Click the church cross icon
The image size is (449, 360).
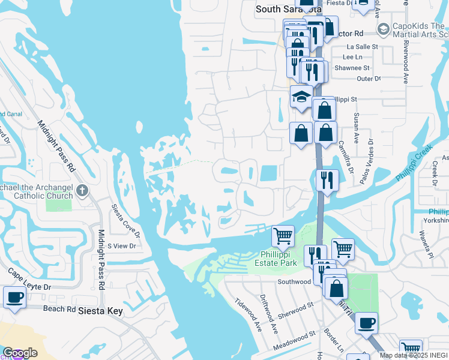coord(82,191)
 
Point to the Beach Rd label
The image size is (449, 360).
coord(59,310)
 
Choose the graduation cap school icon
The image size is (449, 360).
coord(301,97)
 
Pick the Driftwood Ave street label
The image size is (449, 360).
coord(268,313)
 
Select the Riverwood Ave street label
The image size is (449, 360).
coord(406,62)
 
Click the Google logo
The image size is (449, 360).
coord(20,353)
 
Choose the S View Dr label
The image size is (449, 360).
coord(122,246)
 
